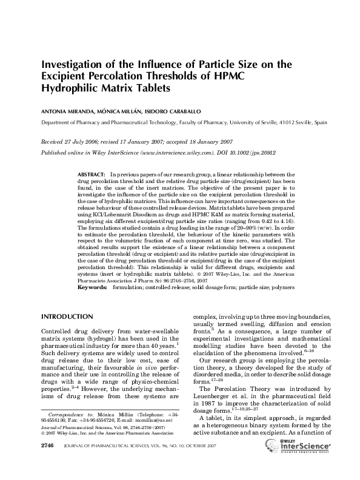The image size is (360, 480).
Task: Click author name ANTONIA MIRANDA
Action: click(65, 112)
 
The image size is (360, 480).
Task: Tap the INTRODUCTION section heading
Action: click(67, 317)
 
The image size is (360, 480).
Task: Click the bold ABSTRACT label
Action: click(92, 173)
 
